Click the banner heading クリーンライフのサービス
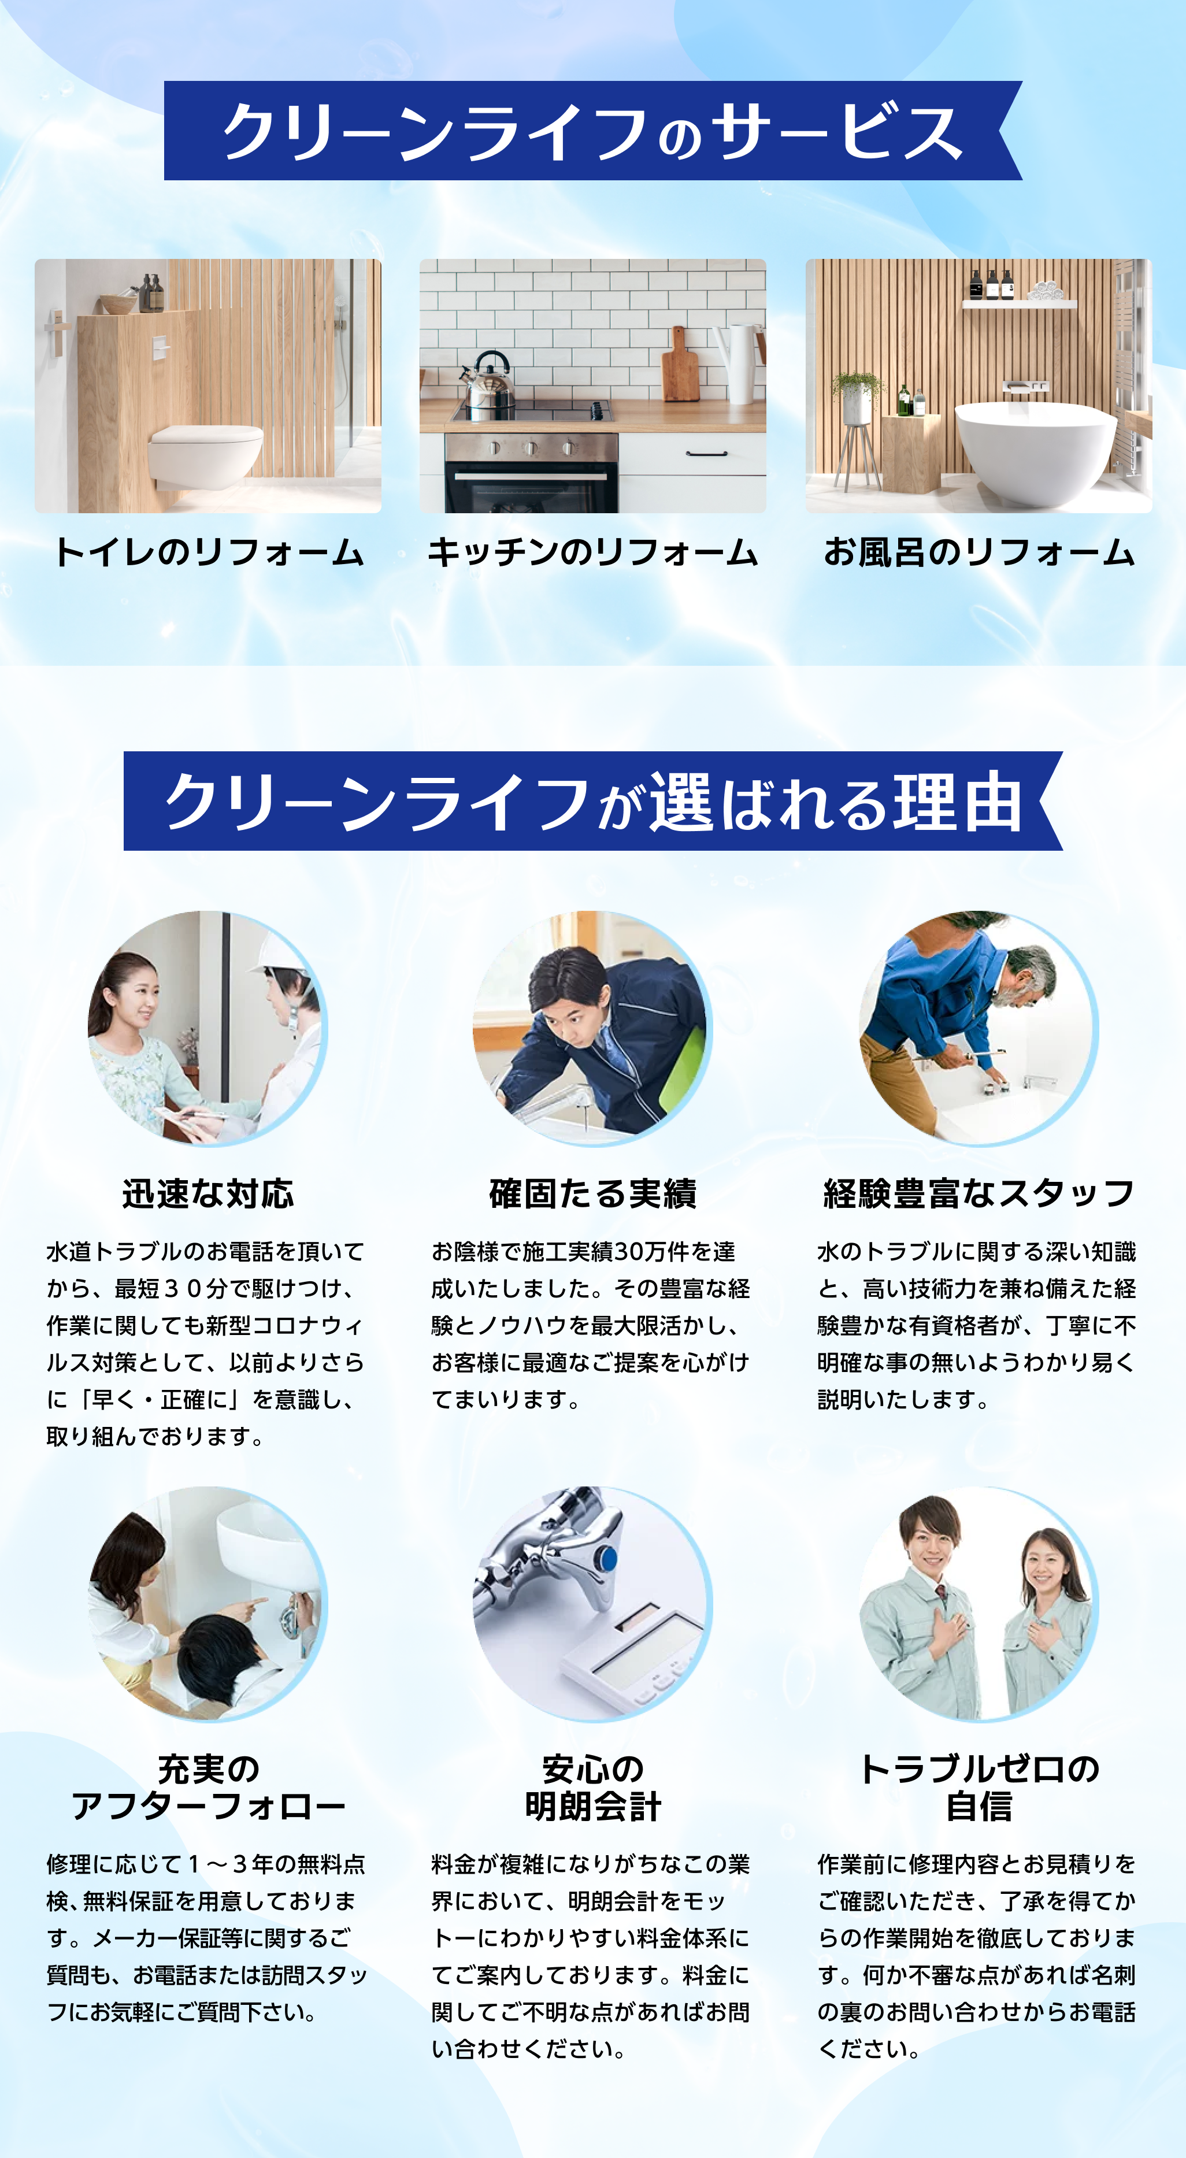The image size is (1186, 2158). click(592, 132)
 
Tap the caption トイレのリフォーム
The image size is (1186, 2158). click(209, 553)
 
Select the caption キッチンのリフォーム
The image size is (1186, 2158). click(593, 553)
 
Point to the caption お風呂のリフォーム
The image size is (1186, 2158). click(979, 553)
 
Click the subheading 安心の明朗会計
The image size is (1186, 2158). click(593, 1788)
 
